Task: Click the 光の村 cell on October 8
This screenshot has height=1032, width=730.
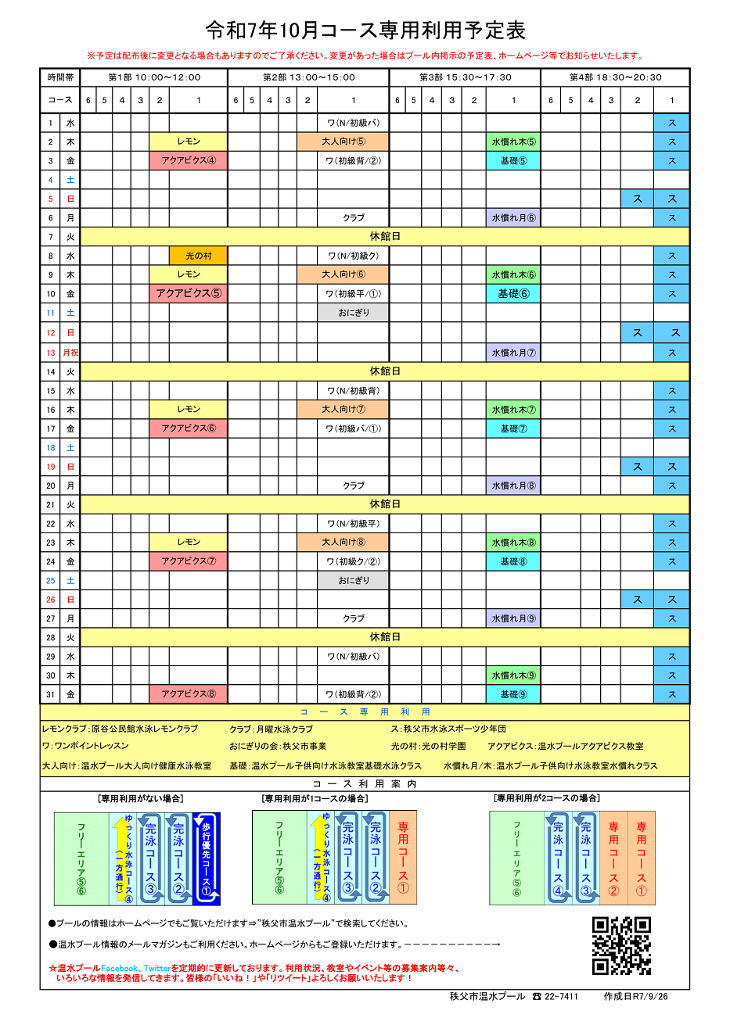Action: (x=198, y=256)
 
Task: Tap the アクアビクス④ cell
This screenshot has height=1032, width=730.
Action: (x=189, y=161)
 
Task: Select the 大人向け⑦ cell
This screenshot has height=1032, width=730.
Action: (x=343, y=410)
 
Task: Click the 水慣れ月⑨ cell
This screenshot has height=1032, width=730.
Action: (x=513, y=618)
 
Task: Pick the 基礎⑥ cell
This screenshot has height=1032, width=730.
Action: (x=513, y=294)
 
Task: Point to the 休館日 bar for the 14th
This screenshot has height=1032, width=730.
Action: (x=384, y=371)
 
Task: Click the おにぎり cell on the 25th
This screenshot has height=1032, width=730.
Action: (x=353, y=581)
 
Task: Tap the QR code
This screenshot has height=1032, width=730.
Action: (x=621, y=946)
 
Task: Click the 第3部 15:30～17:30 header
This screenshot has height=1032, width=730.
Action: (x=465, y=77)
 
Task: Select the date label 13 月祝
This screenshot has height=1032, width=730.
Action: (x=61, y=353)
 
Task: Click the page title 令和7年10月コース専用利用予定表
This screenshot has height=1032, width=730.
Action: (x=365, y=30)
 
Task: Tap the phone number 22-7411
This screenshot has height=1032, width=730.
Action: (x=561, y=997)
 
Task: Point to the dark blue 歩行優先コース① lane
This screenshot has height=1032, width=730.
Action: (x=207, y=858)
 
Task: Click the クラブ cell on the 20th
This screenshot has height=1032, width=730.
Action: (x=353, y=486)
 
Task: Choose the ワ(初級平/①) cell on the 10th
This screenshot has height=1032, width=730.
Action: (x=353, y=294)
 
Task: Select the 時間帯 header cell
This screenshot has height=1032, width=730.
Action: (x=60, y=77)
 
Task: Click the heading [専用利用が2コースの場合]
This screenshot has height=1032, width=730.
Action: (x=547, y=798)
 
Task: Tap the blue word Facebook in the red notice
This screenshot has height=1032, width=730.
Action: (x=119, y=968)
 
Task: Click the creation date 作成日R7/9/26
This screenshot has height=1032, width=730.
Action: (x=635, y=997)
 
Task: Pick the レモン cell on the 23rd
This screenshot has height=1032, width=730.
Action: (x=189, y=543)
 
